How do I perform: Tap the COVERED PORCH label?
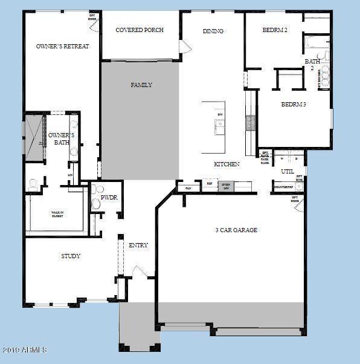[140, 30]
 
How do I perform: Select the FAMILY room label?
[141, 85]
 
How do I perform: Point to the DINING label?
[213, 31]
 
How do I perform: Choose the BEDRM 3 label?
[294, 104]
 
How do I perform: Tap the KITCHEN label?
[227, 164]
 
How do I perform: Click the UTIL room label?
[288, 172]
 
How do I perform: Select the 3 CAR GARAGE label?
[237, 230]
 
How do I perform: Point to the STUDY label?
[71, 256]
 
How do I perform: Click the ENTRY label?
[138, 245]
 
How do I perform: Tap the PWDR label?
[109, 197]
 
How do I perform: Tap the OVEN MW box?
[227, 186]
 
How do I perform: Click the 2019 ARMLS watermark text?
[24, 350]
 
